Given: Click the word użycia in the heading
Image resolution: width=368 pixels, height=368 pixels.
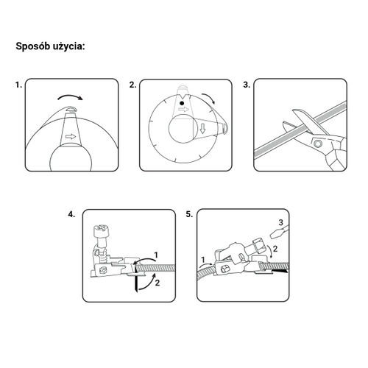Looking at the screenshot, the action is pyautogui.click(x=67, y=46).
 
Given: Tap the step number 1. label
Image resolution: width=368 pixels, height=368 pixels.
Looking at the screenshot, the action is pyautogui.click(x=18, y=85).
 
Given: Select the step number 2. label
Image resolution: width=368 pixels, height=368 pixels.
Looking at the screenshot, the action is pyautogui.click(x=132, y=85).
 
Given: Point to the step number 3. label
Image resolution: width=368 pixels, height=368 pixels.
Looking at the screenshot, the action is pyautogui.click(x=247, y=85).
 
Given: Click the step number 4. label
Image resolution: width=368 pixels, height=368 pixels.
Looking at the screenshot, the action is pyautogui.click(x=71, y=214).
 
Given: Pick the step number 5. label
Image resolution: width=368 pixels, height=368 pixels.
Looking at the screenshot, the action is pyautogui.click(x=189, y=214).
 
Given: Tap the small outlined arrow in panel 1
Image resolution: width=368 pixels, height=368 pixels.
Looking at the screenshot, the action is pyautogui.click(x=71, y=136).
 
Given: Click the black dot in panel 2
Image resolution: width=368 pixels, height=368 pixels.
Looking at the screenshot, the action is pyautogui.click(x=182, y=103).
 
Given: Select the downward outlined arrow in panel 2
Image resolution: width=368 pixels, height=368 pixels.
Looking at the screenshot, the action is pyautogui.click(x=202, y=129).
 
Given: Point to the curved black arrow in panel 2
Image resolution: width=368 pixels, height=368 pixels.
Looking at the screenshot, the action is pyautogui.click(x=208, y=98).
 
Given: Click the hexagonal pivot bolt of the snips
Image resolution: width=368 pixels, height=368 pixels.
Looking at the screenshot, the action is pyautogui.click(x=318, y=144).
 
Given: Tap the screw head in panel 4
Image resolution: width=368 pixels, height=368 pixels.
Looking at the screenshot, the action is pyautogui.click(x=101, y=230).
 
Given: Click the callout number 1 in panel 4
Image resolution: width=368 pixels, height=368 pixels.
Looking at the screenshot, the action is pyautogui.click(x=155, y=255).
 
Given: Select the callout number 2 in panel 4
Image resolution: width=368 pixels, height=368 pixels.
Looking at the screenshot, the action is pyautogui.click(x=158, y=283).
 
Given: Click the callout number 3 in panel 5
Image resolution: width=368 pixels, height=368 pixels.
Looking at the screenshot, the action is pyautogui.click(x=281, y=222).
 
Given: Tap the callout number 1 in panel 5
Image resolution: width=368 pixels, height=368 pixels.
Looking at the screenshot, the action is pyautogui.click(x=203, y=260).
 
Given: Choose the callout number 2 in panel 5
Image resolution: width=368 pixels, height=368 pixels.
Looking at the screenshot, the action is pyautogui.click(x=275, y=249).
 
